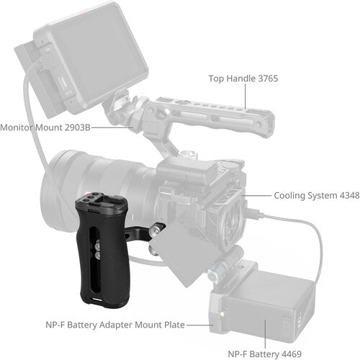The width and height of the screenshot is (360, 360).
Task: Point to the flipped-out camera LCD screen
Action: (x=191, y=252)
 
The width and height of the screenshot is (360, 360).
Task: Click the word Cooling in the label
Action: (x=291, y=194)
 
